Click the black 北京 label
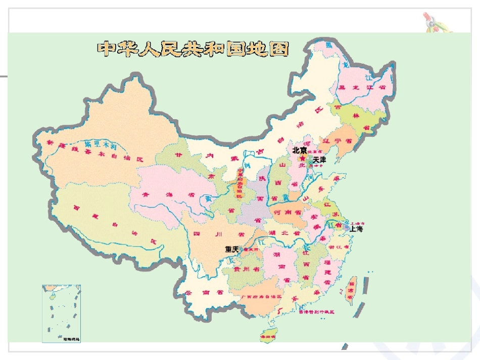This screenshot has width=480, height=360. pos(300,150)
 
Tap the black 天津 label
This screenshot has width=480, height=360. pos(319,160)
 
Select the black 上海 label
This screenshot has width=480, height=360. pos(356,229)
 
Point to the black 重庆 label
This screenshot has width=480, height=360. pos(232,249)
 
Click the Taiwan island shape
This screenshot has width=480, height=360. pos(351,289)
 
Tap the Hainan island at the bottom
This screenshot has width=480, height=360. pos(266,335)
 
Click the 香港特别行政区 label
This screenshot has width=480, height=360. pos(316,312)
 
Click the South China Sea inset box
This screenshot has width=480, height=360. pos(61,314)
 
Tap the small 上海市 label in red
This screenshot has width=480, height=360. pos(357,222)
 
